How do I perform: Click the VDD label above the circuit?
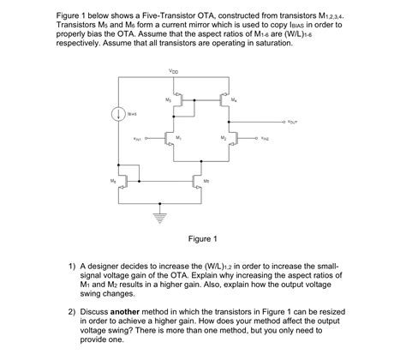[174, 71]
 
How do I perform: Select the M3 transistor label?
[169, 100]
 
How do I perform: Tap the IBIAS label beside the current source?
[133, 114]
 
